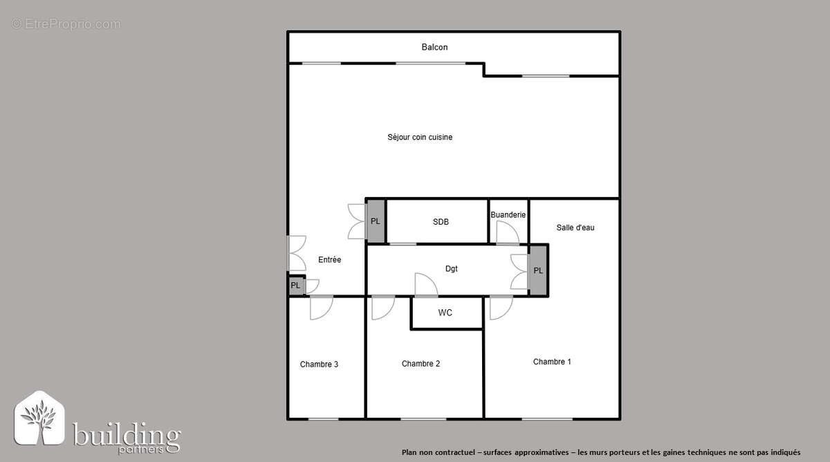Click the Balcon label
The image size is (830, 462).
pos(434,47)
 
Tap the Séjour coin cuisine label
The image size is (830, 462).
pos(420,137)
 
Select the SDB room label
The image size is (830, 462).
pos(441,222)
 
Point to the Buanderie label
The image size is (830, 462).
pos(508,215)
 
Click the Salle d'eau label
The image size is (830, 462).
pos(575,228)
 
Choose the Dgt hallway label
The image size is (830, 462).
pos(451,268)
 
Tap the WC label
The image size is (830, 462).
pos(445,313)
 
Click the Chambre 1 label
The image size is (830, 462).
pos(552,362)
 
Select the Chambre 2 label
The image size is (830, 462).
pos(421,364)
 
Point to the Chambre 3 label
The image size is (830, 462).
pos(319,364)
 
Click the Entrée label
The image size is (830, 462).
pos(329,260)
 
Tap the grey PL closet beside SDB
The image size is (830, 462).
pos(376,221)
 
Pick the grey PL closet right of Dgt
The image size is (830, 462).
pos(538,270)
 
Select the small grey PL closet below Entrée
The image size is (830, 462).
pos(295,285)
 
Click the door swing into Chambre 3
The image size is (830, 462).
pos(321,308)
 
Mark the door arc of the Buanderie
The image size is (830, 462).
pos(507,233)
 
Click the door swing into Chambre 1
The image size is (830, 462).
pos(501,308)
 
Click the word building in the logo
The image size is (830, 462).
pos(127,436)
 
